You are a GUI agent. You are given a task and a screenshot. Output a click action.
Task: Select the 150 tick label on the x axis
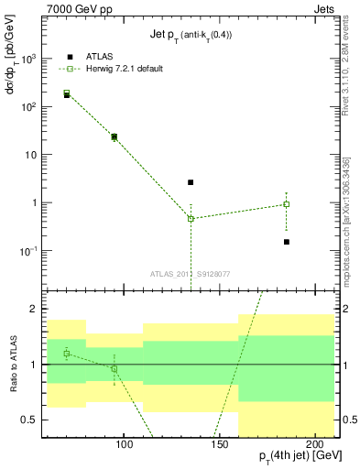coord(220,445)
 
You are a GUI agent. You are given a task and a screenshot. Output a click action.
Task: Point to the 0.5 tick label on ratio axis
coord(32,420)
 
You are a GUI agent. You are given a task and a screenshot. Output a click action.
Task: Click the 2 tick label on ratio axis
coord(37,309)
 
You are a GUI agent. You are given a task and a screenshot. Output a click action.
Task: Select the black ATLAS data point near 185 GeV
coord(287,242)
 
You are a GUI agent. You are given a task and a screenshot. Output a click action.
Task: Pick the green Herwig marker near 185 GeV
coord(287,204)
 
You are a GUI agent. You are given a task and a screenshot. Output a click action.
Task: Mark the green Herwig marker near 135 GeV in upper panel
coord(191,218)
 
